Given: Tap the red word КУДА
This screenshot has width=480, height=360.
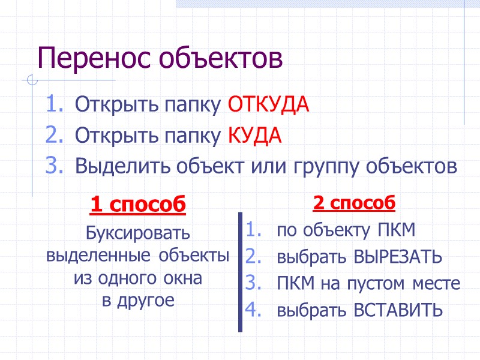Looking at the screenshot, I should pos(254,136).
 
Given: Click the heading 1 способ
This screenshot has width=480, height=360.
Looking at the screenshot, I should pos(138,205).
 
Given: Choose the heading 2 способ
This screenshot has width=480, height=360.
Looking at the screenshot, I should pos(354,203).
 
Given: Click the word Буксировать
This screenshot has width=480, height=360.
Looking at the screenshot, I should pos(138,232).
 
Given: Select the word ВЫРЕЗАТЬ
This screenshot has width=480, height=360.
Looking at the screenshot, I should pos(397,257).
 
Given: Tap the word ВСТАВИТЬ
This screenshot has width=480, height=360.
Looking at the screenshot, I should pos(398,310).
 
